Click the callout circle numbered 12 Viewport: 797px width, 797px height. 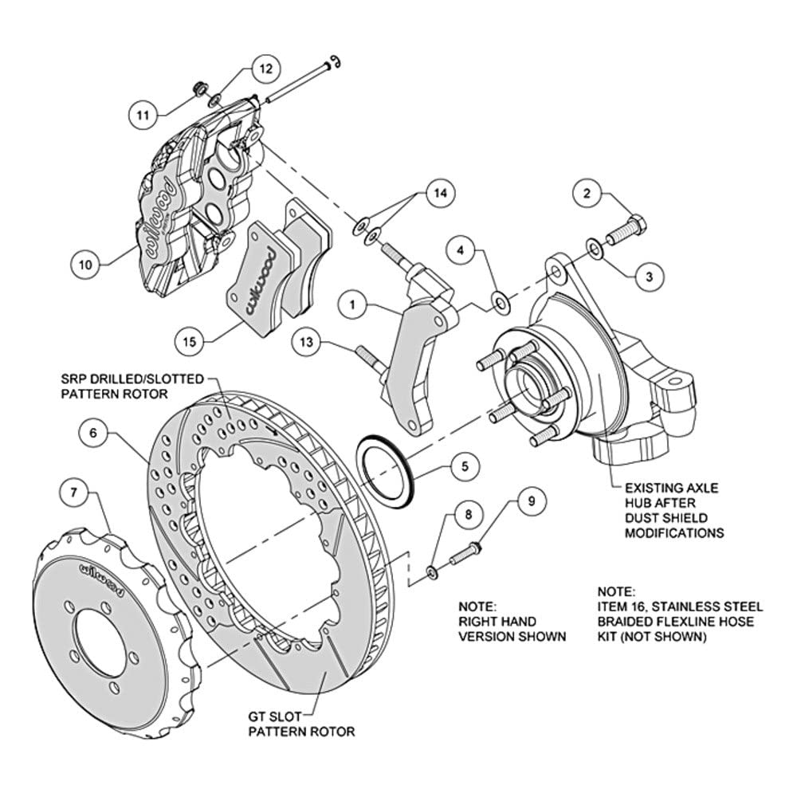[266, 69]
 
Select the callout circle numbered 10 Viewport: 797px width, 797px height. [86, 265]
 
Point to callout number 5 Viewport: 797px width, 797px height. [465, 466]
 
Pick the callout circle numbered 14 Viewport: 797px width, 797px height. [440, 193]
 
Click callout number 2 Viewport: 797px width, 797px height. [587, 193]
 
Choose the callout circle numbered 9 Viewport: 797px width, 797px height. [532, 501]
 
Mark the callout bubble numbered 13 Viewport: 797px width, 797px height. [307, 342]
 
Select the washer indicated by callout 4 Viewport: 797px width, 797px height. [502, 303]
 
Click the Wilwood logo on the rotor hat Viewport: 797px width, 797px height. [102, 579]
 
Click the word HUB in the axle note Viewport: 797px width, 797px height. [639, 503]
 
